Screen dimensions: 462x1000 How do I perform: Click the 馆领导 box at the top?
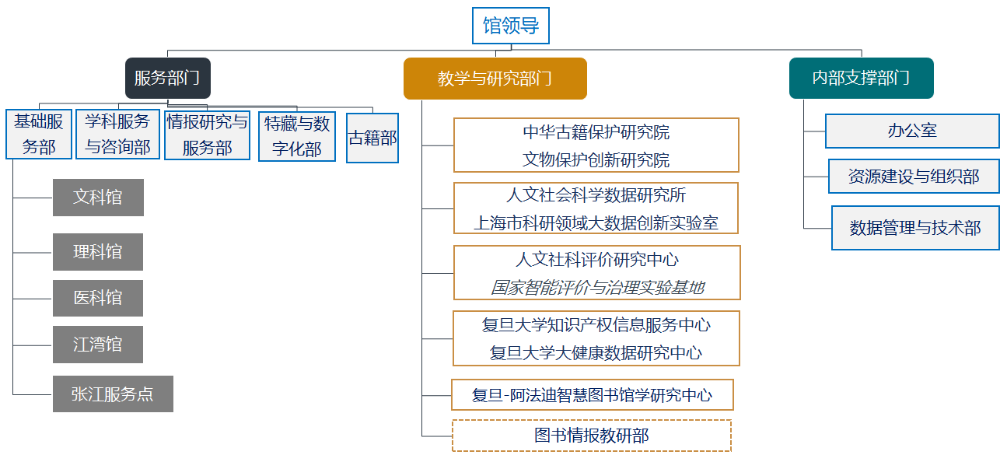(511, 26)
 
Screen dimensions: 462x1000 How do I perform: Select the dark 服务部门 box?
(167, 78)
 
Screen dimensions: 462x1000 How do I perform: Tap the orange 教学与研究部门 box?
(495, 79)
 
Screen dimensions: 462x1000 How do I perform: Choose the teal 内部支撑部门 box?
(861, 78)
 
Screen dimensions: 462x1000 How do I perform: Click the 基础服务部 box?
(39, 134)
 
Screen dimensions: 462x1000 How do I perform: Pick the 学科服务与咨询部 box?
(117, 134)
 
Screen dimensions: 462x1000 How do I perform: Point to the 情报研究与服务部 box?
(207, 134)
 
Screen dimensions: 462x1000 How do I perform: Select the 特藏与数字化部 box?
(297, 136)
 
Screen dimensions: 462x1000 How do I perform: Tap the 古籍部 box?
(372, 138)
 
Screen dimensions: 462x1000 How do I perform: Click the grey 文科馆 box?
(98, 198)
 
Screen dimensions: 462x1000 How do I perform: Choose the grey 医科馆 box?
(98, 298)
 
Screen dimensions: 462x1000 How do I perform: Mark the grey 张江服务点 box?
(113, 394)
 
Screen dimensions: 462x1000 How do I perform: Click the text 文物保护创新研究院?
(596, 160)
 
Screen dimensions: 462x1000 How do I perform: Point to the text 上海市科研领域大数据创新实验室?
(596, 222)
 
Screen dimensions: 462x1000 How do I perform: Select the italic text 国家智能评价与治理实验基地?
(596, 287)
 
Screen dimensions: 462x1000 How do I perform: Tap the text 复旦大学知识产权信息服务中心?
(596, 324)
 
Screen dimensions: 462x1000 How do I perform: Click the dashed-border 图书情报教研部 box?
(592, 436)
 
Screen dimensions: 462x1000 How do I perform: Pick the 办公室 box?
(912, 131)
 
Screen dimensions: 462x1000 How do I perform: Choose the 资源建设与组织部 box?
(914, 177)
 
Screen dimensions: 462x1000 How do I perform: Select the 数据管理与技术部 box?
(915, 228)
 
